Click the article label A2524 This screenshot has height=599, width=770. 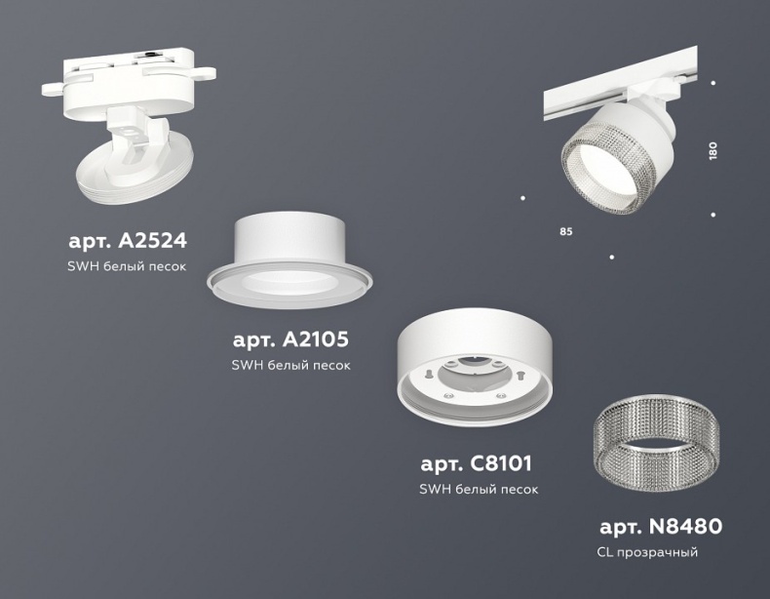point(127,239)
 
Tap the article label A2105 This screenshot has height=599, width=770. point(290,340)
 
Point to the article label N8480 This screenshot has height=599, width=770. point(660,528)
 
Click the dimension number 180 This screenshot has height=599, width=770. point(712,151)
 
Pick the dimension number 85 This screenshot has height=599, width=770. point(565,231)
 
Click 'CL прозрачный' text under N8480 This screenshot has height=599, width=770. point(646,553)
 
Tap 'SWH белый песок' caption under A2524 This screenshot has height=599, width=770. point(127,264)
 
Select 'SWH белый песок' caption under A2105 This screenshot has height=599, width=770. point(290,366)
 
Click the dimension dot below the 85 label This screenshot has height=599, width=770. point(611,257)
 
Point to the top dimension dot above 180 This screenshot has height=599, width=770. point(713,84)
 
